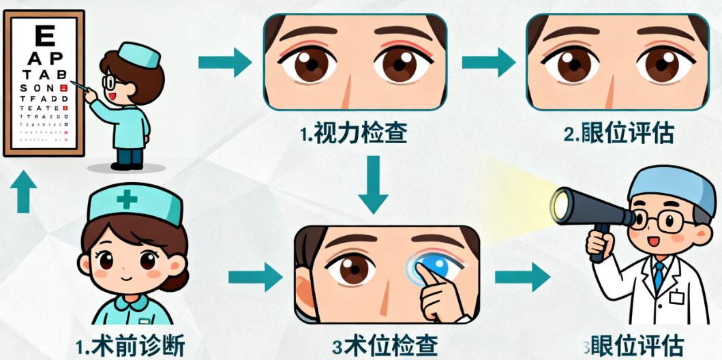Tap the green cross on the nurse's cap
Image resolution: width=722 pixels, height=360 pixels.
pos(127,200)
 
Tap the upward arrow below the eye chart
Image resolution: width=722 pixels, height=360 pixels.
pos(24,191)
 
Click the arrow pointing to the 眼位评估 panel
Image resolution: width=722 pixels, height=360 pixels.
pos(488,63)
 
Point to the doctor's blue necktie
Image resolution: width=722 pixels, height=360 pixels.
pos(659,276)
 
